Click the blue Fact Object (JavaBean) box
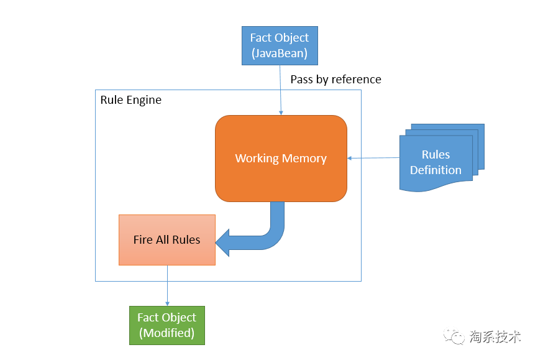[280, 45]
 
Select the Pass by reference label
[335, 80]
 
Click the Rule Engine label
[130, 100]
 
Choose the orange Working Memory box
[281, 159]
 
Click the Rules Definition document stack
[437, 159]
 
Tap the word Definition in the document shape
[435, 170]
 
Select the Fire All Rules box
[166, 239]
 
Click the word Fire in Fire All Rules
[142, 239]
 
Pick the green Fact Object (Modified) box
[166, 325]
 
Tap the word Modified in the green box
[166, 333]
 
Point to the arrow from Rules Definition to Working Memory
[373, 158]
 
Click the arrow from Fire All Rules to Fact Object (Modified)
[167, 286]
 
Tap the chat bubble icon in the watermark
[457, 337]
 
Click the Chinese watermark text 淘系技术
[495, 336]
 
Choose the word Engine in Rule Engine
[144, 100]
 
